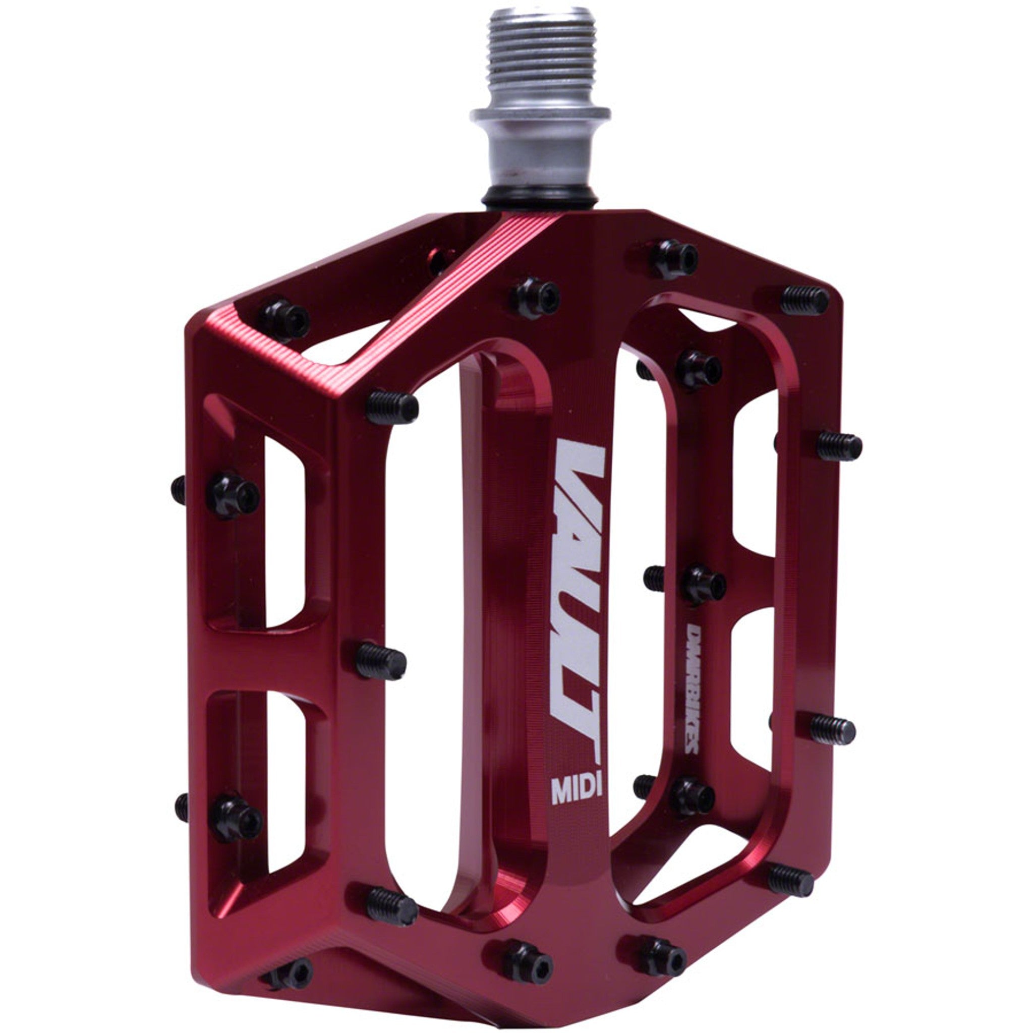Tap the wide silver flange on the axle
pyautogui.click(x=540, y=114)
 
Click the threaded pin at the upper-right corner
pyautogui.click(x=804, y=301)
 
